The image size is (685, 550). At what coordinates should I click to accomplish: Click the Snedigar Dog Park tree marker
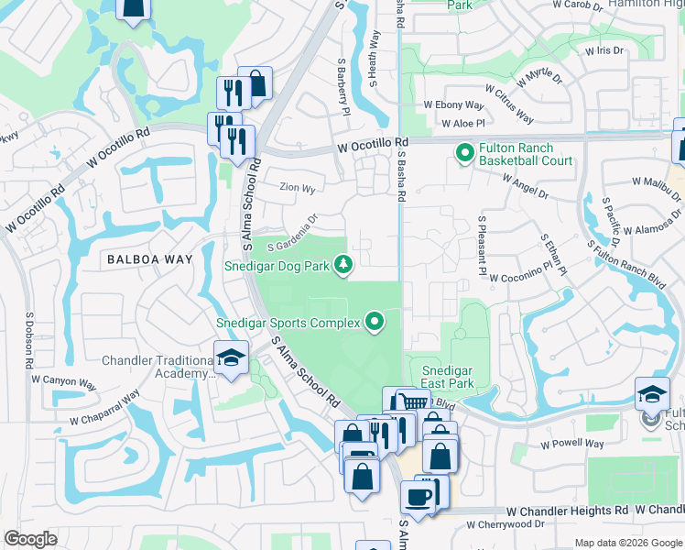[x=343, y=266]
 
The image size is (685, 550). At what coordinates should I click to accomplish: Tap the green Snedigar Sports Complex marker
[x=375, y=322]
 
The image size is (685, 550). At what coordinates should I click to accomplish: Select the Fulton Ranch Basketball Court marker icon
[x=465, y=152]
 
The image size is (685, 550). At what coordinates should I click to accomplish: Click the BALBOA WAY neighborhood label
[x=149, y=259]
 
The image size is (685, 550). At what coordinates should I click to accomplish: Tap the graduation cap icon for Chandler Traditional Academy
[x=231, y=357]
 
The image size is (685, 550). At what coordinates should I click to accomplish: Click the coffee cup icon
[x=419, y=496]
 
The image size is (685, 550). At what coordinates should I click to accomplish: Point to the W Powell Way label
[x=571, y=444]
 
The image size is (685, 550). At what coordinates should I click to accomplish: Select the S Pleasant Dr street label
[x=480, y=246]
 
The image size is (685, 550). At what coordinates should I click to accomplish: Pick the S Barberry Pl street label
[x=345, y=94]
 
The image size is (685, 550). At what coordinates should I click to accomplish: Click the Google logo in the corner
[x=31, y=539]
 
